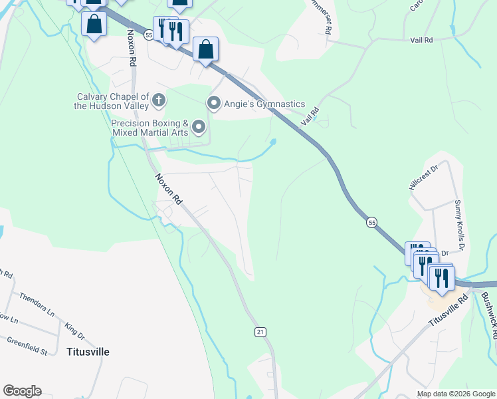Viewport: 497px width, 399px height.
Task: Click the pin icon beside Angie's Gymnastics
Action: (213, 103)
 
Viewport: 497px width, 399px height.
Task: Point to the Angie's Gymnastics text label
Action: (264, 104)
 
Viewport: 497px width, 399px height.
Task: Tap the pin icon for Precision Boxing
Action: (199, 126)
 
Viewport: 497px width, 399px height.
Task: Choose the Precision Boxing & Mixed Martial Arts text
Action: (149, 128)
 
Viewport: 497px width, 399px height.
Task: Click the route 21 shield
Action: (260, 331)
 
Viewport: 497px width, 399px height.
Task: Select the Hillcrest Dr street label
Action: (425, 178)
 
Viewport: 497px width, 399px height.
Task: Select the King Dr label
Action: (74, 331)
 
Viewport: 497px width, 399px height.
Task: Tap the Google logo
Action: (22, 391)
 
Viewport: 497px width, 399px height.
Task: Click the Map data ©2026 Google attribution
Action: (455, 394)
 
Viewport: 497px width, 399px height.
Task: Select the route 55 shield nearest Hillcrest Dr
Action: (371, 222)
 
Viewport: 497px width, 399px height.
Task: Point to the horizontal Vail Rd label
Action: (421, 40)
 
